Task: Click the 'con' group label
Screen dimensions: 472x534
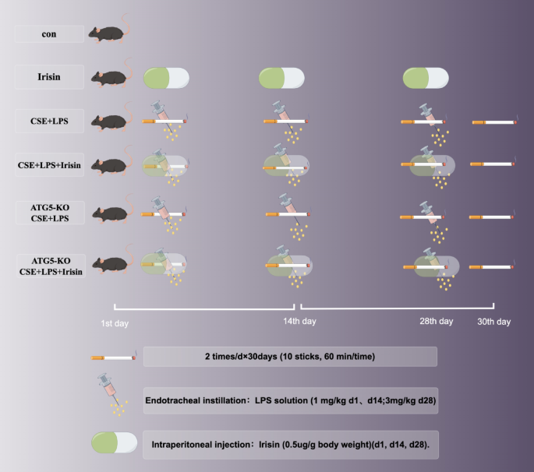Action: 48,34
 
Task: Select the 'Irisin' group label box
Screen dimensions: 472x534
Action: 48,77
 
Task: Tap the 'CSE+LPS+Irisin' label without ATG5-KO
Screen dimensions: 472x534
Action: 48,165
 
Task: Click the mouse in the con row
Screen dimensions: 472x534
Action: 110,33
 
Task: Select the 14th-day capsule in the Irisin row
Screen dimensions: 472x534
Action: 281,77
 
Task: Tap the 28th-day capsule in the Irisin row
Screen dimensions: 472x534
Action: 426,77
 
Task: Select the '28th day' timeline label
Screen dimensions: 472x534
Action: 435,321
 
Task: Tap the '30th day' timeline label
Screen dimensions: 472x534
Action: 494,321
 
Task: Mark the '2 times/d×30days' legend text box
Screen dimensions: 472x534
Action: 290,356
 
